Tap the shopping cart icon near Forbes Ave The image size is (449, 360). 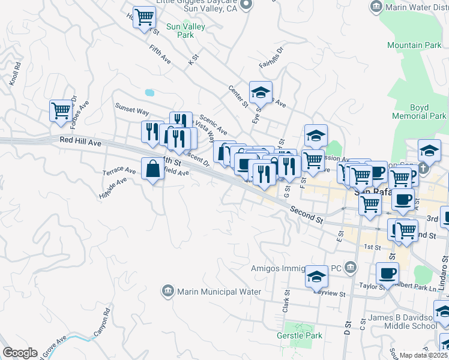pyautogui.click(x=61, y=111)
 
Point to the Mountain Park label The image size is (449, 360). pyautogui.click(x=414, y=45)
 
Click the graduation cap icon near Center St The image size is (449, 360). pyautogui.click(x=261, y=93)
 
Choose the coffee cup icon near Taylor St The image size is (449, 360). pyautogui.click(x=387, y=274)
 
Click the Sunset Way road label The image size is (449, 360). pyautogui.click(x=132, y=112)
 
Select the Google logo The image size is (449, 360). pyautogui.click(x=20, y=353)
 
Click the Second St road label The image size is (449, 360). pyautogui.click(x=306, y=214)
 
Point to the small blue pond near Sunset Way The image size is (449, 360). pyautogui.click(x=149, y=93)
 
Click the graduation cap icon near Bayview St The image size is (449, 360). pyautogui.click(x=316, y=277)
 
